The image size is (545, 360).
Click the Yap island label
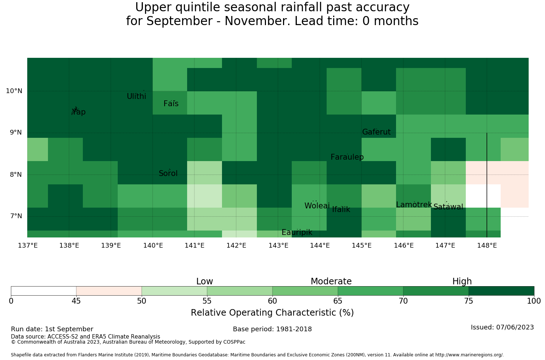tap(78, 112)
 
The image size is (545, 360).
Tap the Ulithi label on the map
tap(137, 96)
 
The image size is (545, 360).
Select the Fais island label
tap(171, 104)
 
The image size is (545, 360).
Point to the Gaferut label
tap(376, 132)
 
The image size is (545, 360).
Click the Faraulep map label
tap(347, 157)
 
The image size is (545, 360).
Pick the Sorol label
tap(168, 173)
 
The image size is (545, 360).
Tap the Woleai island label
tap(317, 206)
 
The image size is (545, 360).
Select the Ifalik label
tap(341, 209)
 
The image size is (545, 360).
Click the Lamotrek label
tap(414, 205)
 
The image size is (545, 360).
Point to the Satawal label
tap(448, 207)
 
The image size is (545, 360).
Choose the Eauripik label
tap(297, 232)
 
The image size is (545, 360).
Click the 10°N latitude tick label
tap(14, 91)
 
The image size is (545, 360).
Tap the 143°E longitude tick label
tap(278, 245)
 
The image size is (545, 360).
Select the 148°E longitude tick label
tap(487, 245)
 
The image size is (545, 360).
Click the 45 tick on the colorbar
tap(76, 301)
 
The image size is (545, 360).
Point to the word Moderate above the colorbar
tap(331, 281)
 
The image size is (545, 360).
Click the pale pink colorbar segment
tap(109, 291)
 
